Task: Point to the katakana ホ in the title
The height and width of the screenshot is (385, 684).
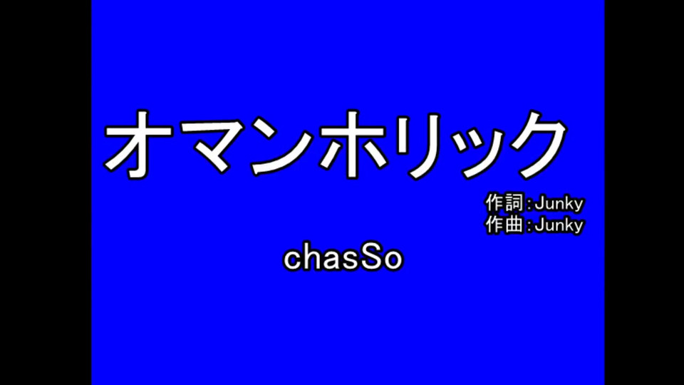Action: click(x=353, y=144)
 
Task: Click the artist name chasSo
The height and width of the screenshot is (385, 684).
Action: click(x=343, y=258)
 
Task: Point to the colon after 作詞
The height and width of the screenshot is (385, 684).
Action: click(x=529, y=205)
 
